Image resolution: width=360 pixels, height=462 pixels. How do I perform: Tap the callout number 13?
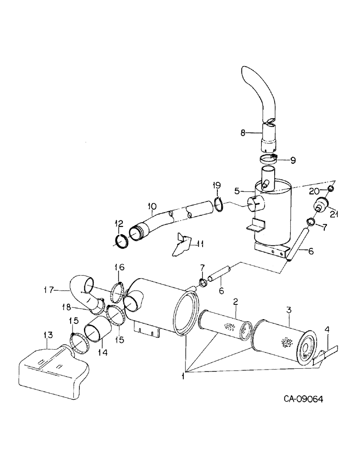point(48,334)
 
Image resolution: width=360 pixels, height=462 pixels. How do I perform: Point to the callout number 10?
point(152,206)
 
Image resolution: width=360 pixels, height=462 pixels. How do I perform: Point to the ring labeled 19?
point(220,204)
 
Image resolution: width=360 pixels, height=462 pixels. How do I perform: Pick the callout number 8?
point(244,133)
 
